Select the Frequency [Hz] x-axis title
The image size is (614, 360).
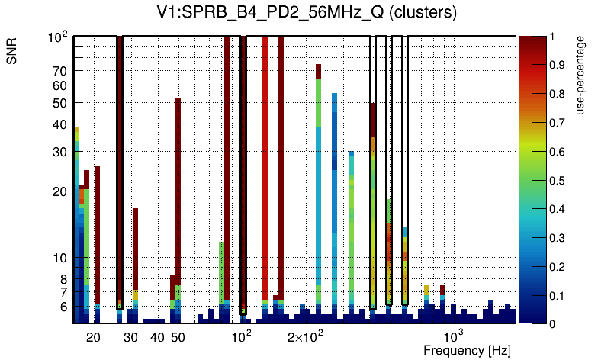[x=467, y=350]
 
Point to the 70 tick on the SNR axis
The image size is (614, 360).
[x=60, y=71]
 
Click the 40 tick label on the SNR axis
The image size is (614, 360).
[x=60, y=125]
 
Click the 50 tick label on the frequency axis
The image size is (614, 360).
[x=178, y=337]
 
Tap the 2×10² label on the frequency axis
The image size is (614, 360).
[x=305, y=337]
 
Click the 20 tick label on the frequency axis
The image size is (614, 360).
[x=93, y=337]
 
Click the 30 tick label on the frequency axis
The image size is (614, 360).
[x=130, y=337]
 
